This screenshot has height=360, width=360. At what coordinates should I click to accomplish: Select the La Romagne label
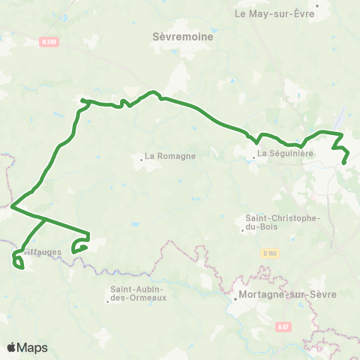tap(170, 156)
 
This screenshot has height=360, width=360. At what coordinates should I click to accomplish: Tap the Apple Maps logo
tap(27, 347)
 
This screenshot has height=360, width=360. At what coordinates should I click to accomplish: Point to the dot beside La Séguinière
tap(252, 154)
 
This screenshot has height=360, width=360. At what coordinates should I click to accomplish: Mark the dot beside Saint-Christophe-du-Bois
tap(243, 230)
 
